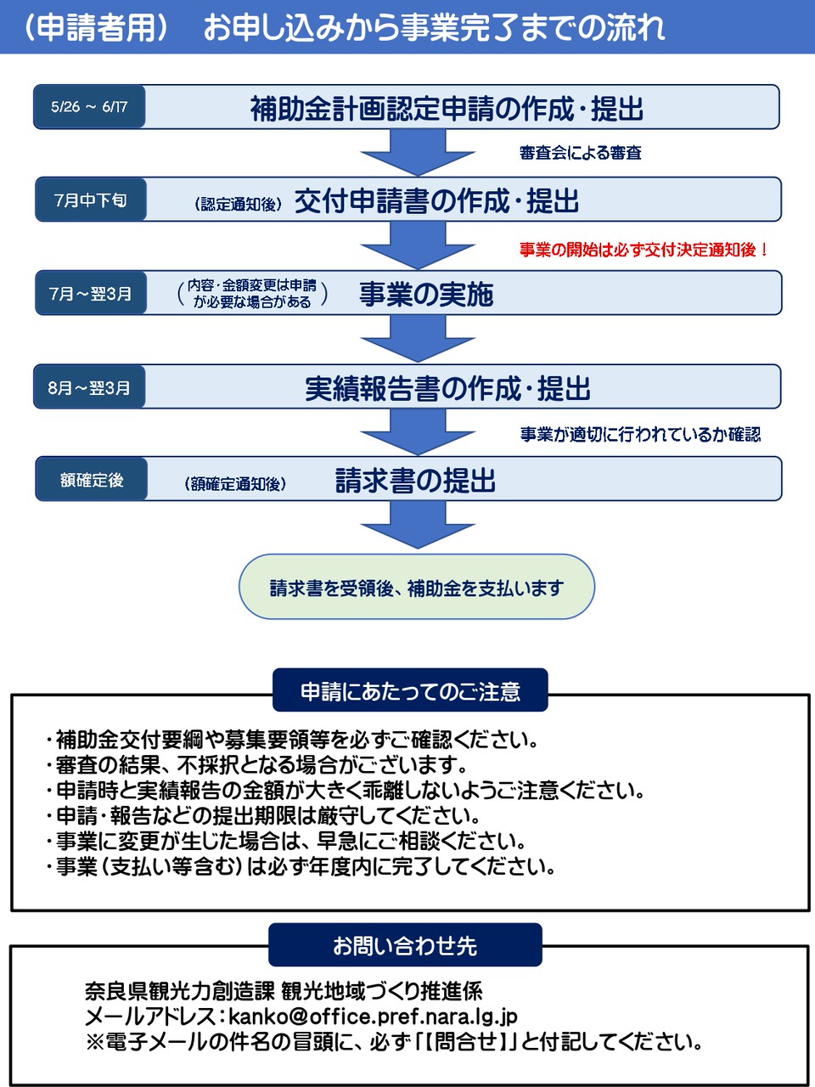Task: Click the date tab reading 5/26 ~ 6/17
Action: (89, 106)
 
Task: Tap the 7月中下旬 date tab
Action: (91, 200)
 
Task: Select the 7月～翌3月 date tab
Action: (91, 293)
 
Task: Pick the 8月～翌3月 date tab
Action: (89, 386)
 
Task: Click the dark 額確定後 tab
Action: (91, 479)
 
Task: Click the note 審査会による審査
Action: (581, 153)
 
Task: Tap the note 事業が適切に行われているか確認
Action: (640, 434)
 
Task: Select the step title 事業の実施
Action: (426, 294)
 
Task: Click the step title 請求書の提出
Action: (415, 480)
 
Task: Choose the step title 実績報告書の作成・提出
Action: (448, 388)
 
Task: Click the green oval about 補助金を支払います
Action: (417, 587)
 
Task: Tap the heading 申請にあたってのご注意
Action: (410, 690)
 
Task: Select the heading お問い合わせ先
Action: (405, 945)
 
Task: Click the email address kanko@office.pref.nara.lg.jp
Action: (373, 1017)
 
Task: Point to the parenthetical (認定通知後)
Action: (238, 204)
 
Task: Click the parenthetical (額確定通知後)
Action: (235, 484)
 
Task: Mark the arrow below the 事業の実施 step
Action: (418, 338)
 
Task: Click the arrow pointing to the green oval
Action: (418, 525)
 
